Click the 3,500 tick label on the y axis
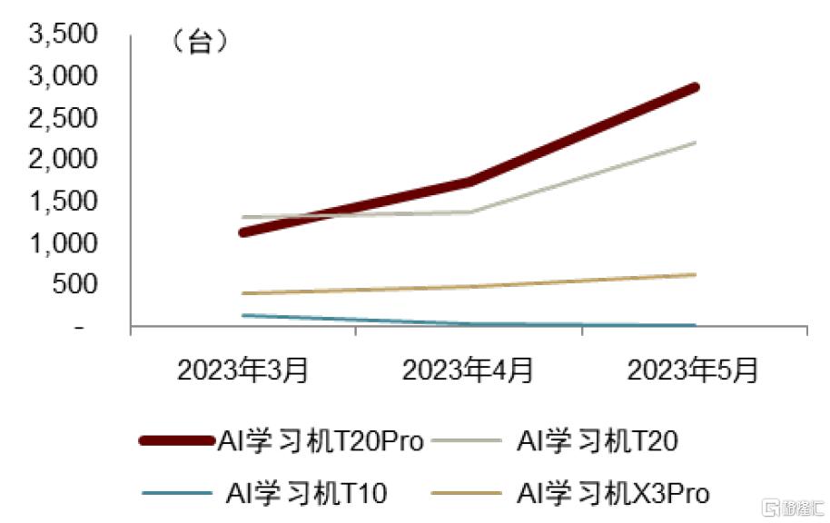[x=64, y=35]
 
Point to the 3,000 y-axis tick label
[x=64, y=76]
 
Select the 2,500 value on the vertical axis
[x=64, y=118]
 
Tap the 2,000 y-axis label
[x=64, y=160]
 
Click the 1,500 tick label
[x=64, y=202]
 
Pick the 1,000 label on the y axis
[x=64, y=243]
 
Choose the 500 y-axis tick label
[x=73, y=285]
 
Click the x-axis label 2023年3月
[x=242, y=370]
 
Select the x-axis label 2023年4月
[x=469, y=370]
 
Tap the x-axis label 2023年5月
[x=693, y=370]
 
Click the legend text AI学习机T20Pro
[x=321, y=441]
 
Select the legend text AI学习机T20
[x=597, y=441]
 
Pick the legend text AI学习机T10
[x=306, y=493]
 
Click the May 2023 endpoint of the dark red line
[x=695, y=87]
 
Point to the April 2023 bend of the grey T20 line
[x=469, y=212]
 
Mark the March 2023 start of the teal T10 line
[x=243, y=315]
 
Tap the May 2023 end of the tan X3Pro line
[x=695, y=274]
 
